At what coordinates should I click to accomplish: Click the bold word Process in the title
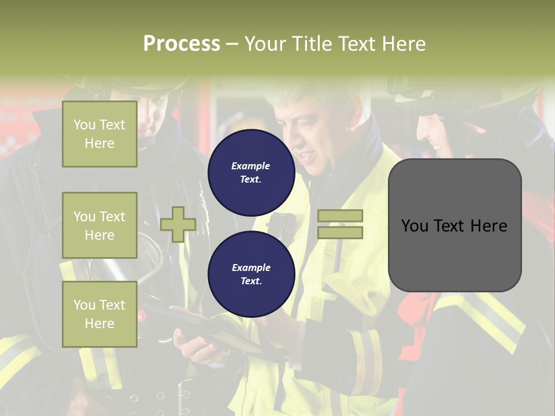pos(182,44)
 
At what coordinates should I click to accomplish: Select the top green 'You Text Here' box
pos(99,134)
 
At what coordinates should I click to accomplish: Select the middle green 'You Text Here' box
pos(99,225)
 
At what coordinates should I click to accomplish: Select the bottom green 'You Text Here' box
pos(99,314)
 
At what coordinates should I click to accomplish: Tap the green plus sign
pos(178,224)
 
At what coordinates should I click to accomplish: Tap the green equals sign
pos(340,224)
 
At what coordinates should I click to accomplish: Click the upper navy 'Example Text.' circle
pos(251,173)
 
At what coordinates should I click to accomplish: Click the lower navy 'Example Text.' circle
pos(251,274)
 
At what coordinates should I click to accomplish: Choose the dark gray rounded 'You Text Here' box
pos(454,225)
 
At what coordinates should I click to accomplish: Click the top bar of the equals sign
pos(340,216)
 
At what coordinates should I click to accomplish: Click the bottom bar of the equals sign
pos(340,232)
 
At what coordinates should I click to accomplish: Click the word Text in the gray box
pos(454,225)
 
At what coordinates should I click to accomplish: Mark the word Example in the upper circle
pos(251,166)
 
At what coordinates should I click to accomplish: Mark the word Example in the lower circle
pos(251,268)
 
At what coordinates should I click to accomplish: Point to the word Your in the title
pos(267,44)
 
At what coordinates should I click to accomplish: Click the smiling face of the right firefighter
pos(436,136)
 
